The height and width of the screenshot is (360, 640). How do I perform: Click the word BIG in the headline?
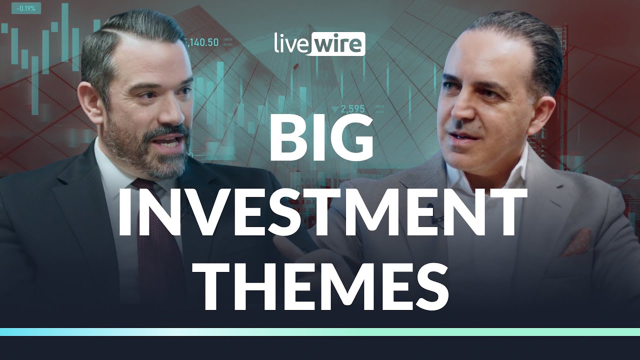pyautogui.click(x=320, y=142)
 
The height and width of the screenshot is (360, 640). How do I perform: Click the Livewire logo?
pyautogui.click(x=319, y=44)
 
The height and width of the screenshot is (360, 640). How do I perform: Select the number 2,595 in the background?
pyautogui.click(x=352, y=108)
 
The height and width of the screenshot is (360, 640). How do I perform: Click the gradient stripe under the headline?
pyautogui.click(x=320, y=331)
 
